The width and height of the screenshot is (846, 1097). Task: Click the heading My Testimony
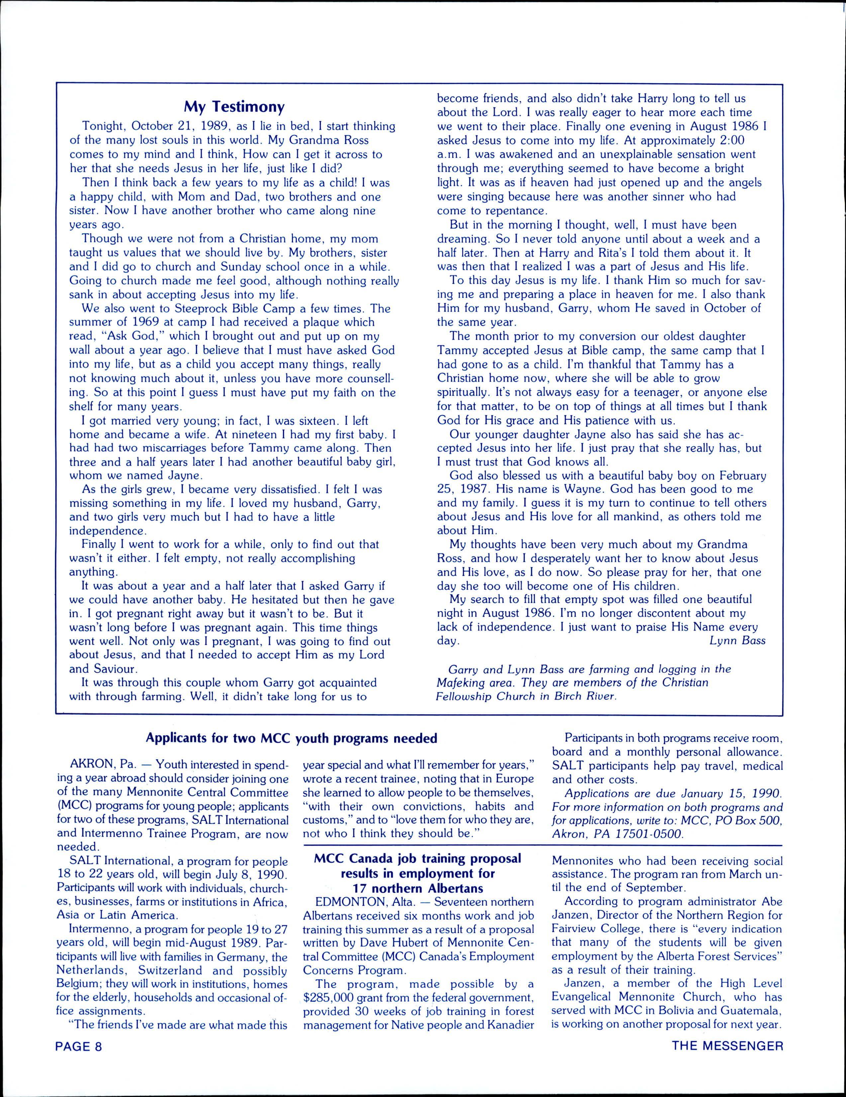pos(234,107)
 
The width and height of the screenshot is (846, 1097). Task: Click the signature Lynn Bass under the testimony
pos(737,640)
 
